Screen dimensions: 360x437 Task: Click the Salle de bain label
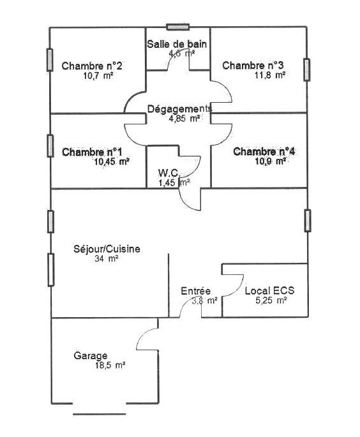pyautogui.click(x=177, y=44)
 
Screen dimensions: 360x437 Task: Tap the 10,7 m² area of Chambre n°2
pyautogui.click(x=98, y=75)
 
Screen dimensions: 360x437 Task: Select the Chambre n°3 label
pyautogui.click(x=253, y=66)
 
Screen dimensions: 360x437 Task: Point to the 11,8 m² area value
pyautogui.click(x=269, y=75)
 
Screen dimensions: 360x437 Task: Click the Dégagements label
pyautogui.click(x=179, y=109)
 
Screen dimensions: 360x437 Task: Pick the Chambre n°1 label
pyautogui.click(x=92, y=152)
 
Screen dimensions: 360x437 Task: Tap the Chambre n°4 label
pyautogui.click(x=264, y=152)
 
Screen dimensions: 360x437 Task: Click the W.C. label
pyautogui.click(x=169, y=173)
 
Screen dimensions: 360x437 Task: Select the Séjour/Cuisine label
pyautogui.click(x=107, y=249)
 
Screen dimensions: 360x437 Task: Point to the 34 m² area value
pyautogui.click(x=106, y=258)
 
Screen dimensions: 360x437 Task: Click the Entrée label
pyautogui.click(x=196, y=291)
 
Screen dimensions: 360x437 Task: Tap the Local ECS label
pyautogui.click(x=269, y=291)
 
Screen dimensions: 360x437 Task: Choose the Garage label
pyautogui.click(x=91, y=356)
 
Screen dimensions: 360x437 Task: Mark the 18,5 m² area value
pyautogui.click(x=110, y=366)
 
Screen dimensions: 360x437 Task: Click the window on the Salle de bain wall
pyautogui.click(x=178, y=27)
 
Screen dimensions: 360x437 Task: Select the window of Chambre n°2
pyautogui.click(x=50, y=60)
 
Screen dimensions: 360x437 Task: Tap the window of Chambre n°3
pyautogui.click(x=307, y=70)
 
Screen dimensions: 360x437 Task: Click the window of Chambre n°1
pyautogui.click(x=50, y=145)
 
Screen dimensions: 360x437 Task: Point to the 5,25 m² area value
pyautogui.click(x=271, y=300)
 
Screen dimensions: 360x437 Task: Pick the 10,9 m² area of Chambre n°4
pyautogui.click(x=270, y=161)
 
